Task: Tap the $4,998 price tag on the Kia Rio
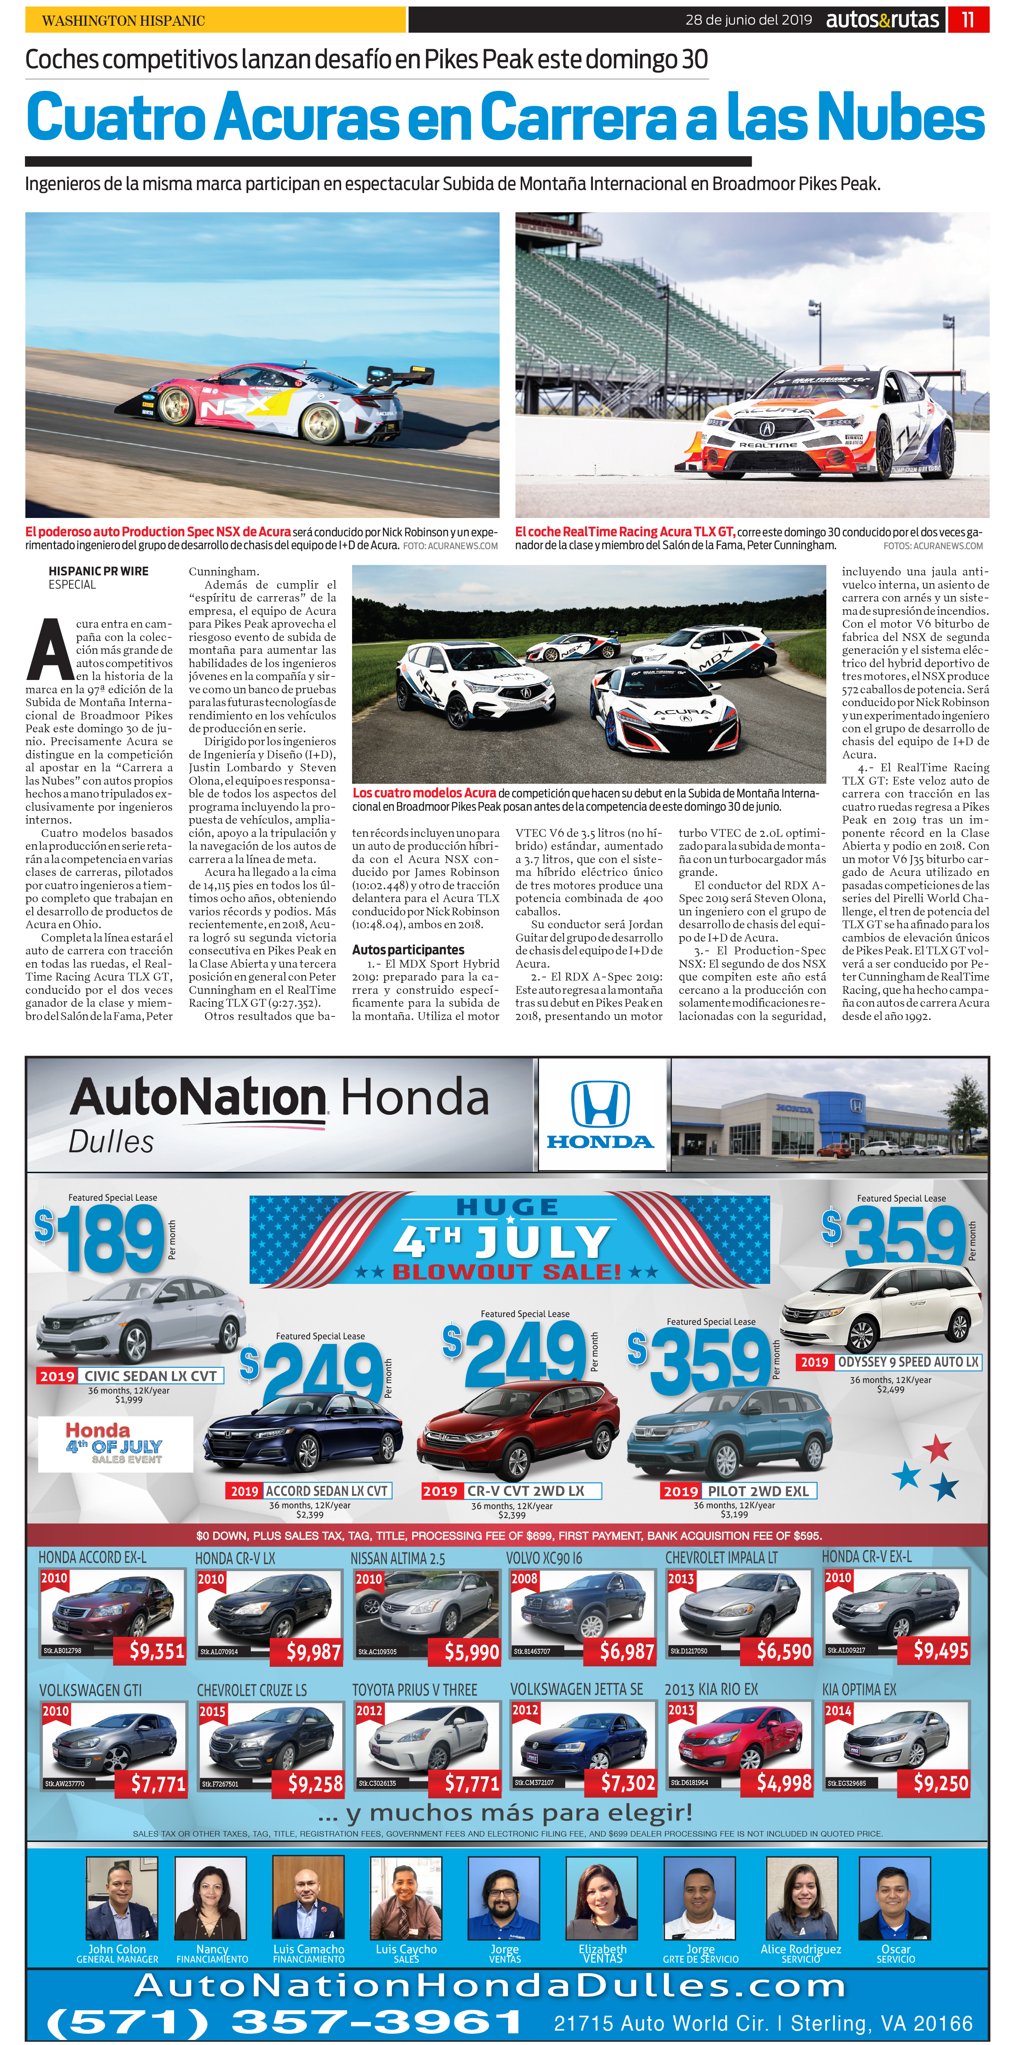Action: (x=784, y=1783)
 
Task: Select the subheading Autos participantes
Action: (x=408, y=949)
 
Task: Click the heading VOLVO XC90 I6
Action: (x=544, y=1557)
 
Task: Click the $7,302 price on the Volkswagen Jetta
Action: (x=627, y=1783)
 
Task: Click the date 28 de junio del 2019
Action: (x=748, y=20)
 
